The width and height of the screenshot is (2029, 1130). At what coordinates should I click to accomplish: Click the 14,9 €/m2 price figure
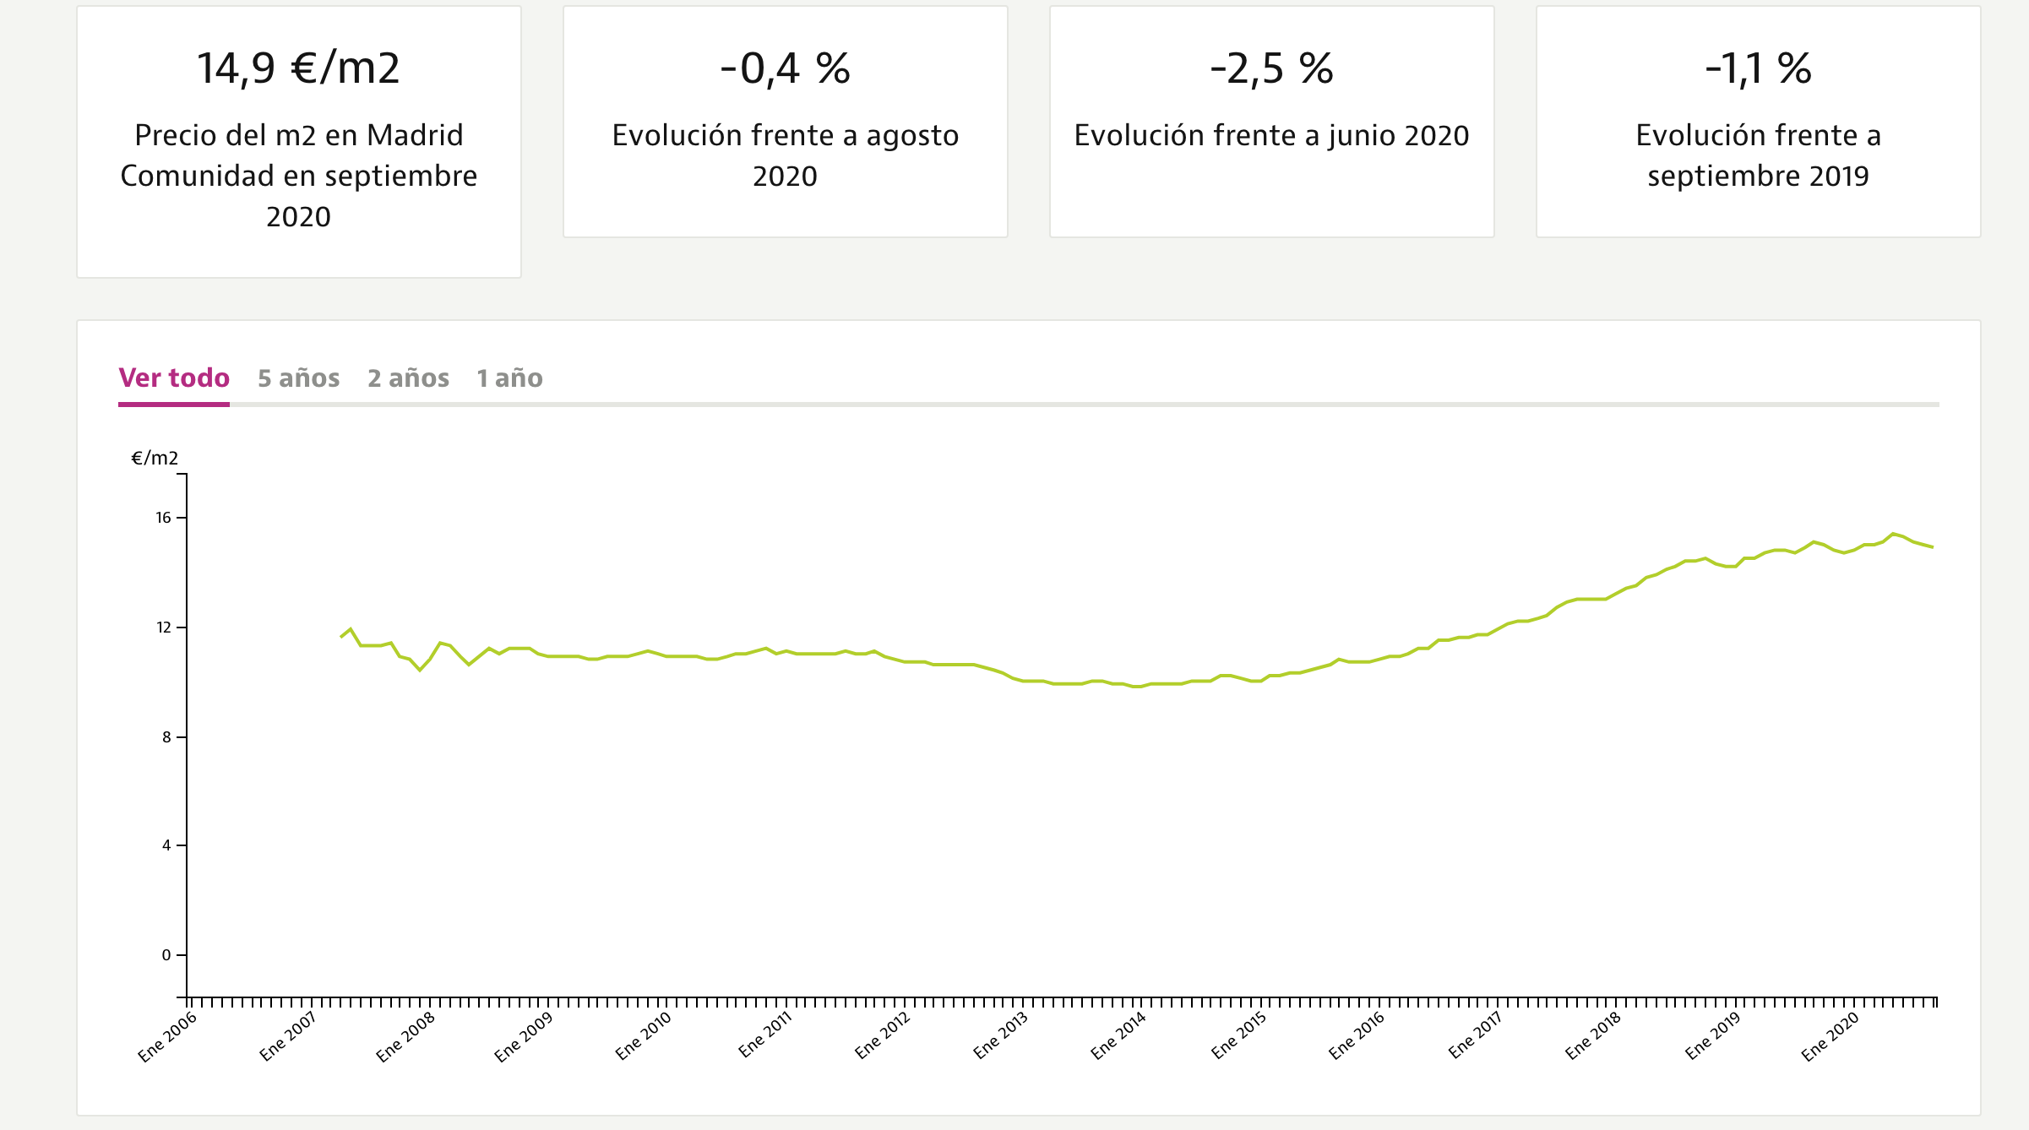(x=298, y=68)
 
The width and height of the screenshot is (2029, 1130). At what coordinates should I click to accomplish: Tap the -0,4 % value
(x=785, y=68)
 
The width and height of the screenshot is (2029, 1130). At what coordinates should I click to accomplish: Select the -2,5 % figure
(x=1271, y=68)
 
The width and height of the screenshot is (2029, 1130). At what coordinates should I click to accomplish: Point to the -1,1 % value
(x=1758, y=68)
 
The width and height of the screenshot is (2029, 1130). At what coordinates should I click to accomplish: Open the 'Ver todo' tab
(x=174, y=378)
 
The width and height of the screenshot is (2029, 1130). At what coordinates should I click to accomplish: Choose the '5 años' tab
(x=298, y=378)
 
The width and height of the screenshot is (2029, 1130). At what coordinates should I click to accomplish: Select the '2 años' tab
(x=408, y=378)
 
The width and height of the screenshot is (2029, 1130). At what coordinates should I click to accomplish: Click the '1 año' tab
(x=509, y=378)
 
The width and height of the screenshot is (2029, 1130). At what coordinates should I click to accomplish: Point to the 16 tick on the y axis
(x=164, y=518)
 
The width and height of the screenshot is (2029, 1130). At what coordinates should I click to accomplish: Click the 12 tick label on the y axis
(x=164, y=627)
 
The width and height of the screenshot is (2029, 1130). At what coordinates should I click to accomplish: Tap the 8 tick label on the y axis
(x=166, y=737)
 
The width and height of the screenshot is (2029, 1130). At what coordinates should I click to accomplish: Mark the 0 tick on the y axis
(x=166, y=955)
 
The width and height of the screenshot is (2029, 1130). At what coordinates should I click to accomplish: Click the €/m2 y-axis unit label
(x=155, y=459)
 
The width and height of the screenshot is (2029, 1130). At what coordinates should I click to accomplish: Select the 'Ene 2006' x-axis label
(x=167, y=1036)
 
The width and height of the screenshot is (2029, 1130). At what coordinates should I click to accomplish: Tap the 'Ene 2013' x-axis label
(x=1001, y=1036)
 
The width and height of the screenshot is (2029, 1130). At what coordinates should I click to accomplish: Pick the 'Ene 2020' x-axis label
(x=1830, y=1036)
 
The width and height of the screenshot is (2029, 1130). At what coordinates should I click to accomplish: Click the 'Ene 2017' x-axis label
(x=1475, y=1036)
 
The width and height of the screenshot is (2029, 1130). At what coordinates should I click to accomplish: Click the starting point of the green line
(x=341, y=637)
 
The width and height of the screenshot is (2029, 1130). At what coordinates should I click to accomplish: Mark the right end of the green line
(x=1932, y=547)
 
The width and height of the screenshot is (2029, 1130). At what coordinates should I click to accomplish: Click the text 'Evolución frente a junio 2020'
(x=1271, y=135)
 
